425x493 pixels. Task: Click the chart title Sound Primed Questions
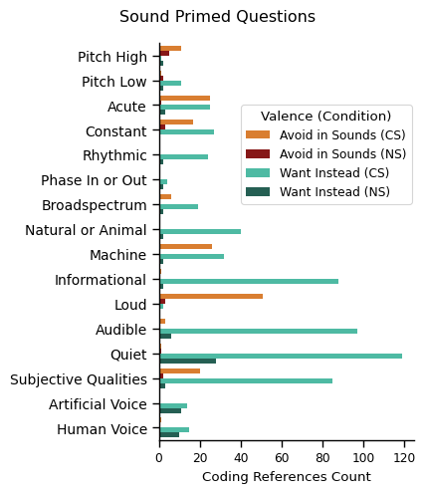(217, 17)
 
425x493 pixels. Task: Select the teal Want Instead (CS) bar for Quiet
(281, 356)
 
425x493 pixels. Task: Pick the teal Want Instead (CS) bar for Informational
(249, 281)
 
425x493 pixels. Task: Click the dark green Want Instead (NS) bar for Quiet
(187, 361)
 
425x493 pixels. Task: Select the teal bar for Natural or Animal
(200, 231)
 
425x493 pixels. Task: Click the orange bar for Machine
(185, 246)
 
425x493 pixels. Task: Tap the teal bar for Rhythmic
(183, 156)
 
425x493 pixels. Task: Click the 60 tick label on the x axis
(282, 458)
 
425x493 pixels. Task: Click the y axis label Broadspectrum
(95, 205)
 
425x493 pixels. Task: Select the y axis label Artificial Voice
(99, 404)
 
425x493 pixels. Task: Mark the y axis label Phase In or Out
(94, 180)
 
